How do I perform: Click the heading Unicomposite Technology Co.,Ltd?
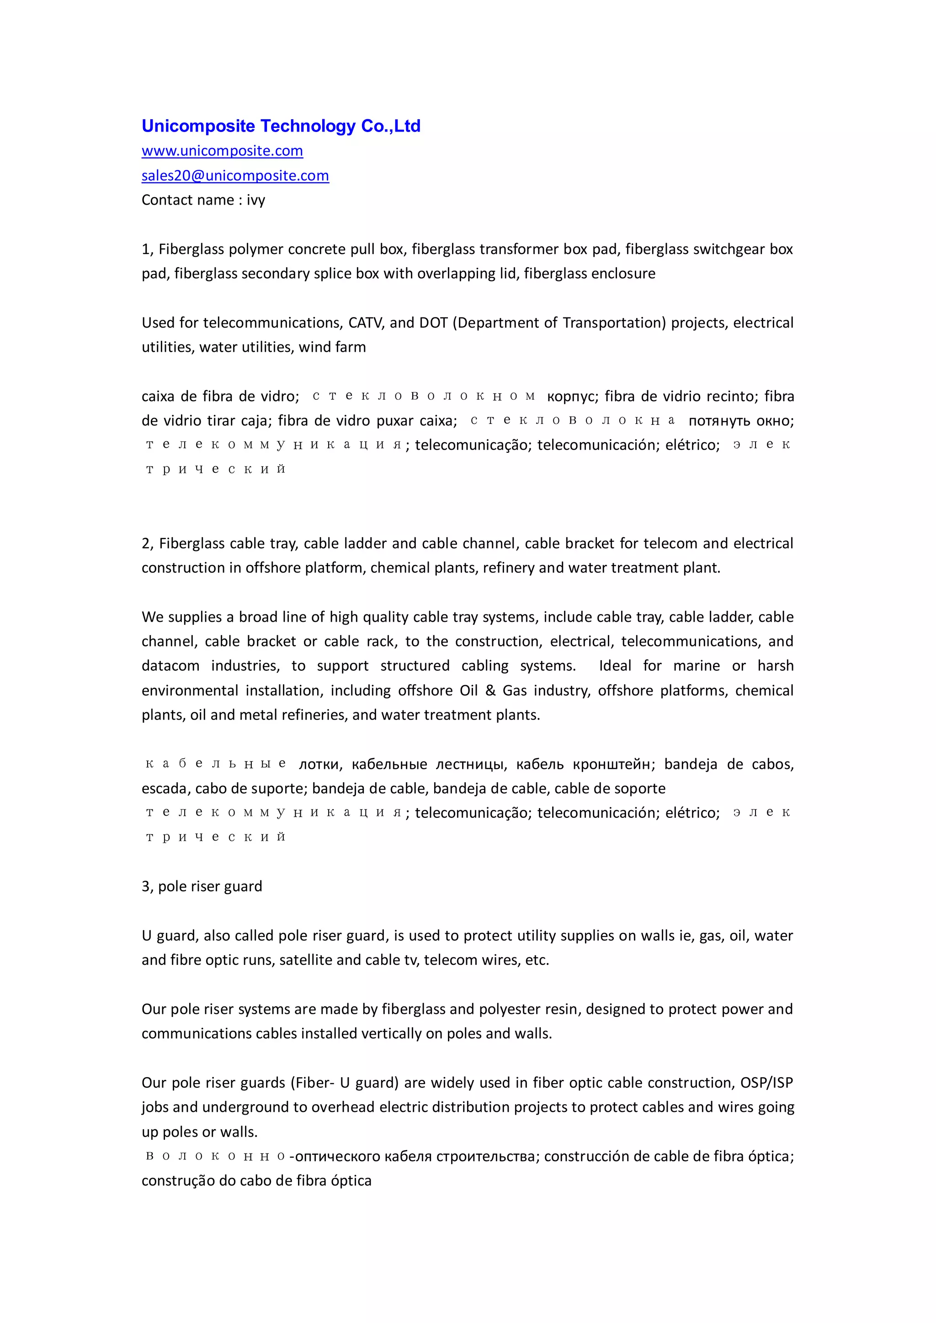[x=281, y=126]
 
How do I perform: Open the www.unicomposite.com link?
[x=222, y=151]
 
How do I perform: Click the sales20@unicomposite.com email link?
[x=235, y=176]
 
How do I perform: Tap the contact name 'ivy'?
[x=256, y=201]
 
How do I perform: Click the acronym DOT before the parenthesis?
[x=433, y=323]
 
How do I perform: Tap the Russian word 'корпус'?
[x=572, y=397]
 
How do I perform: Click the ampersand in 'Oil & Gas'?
[x=490, y=690]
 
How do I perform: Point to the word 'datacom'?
[x=170, y=666]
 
